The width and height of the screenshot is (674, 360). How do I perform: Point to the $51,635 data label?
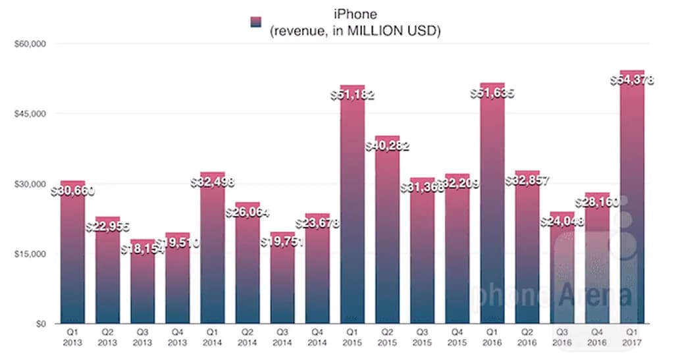click(492, 93)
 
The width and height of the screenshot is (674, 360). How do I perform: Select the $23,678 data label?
click(317, 223)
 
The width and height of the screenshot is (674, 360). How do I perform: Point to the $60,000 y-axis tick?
click(28, 44)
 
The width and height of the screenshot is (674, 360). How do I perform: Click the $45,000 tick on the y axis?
click(28, 114)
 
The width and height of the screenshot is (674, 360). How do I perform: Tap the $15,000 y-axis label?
click(28, 254)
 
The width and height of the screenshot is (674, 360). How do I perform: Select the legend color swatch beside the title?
click(256, 21)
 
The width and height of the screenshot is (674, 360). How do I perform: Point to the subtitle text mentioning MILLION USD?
click(355, 30)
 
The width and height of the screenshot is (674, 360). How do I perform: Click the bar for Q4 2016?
click(597, 263)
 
